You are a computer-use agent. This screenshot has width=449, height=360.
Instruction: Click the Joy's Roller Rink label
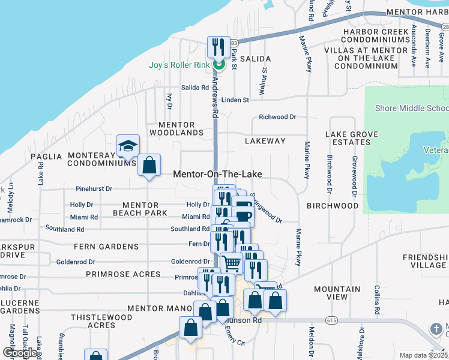[179, 65]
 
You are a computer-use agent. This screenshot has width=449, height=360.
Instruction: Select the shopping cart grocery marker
[231, 262]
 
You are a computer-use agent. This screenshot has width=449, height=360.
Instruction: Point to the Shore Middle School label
[411, 108]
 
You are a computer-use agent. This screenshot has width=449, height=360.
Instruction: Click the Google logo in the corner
[20, 353]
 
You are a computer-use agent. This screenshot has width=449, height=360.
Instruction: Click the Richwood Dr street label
[277, 117]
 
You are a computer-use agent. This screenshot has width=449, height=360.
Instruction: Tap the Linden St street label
[235, 100]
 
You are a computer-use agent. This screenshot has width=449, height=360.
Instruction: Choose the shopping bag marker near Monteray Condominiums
[149, 165]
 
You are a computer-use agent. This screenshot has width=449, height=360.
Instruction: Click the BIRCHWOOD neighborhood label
[333, 205]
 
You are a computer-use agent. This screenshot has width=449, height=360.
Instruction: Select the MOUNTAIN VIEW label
[337, 293]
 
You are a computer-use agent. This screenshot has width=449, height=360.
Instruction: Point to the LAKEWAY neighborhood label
[265, 141]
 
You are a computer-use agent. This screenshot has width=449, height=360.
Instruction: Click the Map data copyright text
[423, 355]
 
